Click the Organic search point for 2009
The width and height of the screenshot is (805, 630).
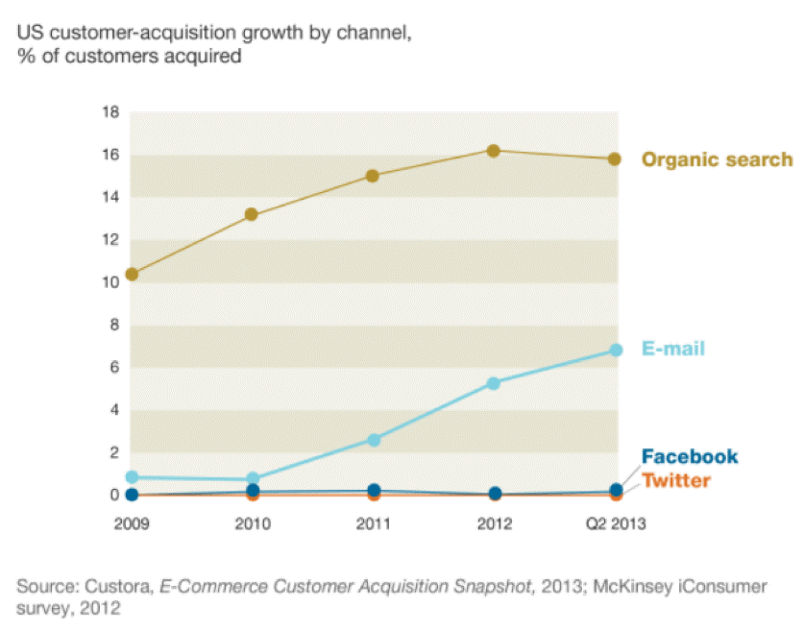[x=132, y=274]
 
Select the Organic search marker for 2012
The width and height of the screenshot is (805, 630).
[x=493, y=151]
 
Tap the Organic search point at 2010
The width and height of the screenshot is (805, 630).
[x=252, y=214]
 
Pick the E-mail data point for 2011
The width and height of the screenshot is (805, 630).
[x=373, y=439]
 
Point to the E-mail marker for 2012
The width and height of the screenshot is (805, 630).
[x=493, y=383]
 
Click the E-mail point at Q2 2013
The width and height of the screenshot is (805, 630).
[x=615, y=351]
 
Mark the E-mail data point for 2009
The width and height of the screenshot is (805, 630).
[x=132, y=477]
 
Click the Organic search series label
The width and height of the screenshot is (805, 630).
[x=717, y=159]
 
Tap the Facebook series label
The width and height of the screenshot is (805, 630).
[x=689, y=456]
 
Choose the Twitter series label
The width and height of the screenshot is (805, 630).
[x=675, y=480]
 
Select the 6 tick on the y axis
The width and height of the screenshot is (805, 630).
[x=113, y=368]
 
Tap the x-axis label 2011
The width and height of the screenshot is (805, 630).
[x=373, y=524]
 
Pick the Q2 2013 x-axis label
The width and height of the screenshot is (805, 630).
[x=615, y=524]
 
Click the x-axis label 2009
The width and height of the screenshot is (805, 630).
[x=132, y=524]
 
